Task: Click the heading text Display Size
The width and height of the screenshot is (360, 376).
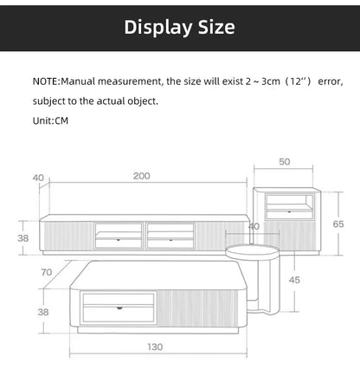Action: pyautogui.click(x=180, y=27)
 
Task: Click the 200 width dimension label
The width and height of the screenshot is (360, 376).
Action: pyautogui.click(x=142, y=176)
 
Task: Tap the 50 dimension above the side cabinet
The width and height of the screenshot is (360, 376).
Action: pyautogui.click(x=285, y=161)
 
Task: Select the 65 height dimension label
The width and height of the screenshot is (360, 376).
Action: pyautogui.click(x=337, y=224)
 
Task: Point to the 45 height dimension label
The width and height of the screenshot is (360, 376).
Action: pyautogui.click(x=294, y=280)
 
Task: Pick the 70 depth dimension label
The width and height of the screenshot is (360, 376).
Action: pyautogui.click(x=46, y=273)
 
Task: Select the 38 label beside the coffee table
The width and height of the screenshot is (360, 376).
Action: pyautogui.click(x=42, y=311)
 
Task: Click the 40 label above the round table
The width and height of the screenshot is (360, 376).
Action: pyautogui.click(x=254, y=226)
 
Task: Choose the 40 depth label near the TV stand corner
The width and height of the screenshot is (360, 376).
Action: pyautogui.click(x=38, y=178)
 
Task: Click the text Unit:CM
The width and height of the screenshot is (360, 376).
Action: pyautogui.click(x=50, y=121)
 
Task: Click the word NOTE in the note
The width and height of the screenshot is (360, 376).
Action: pyautogui.click(x=45, y=81)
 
